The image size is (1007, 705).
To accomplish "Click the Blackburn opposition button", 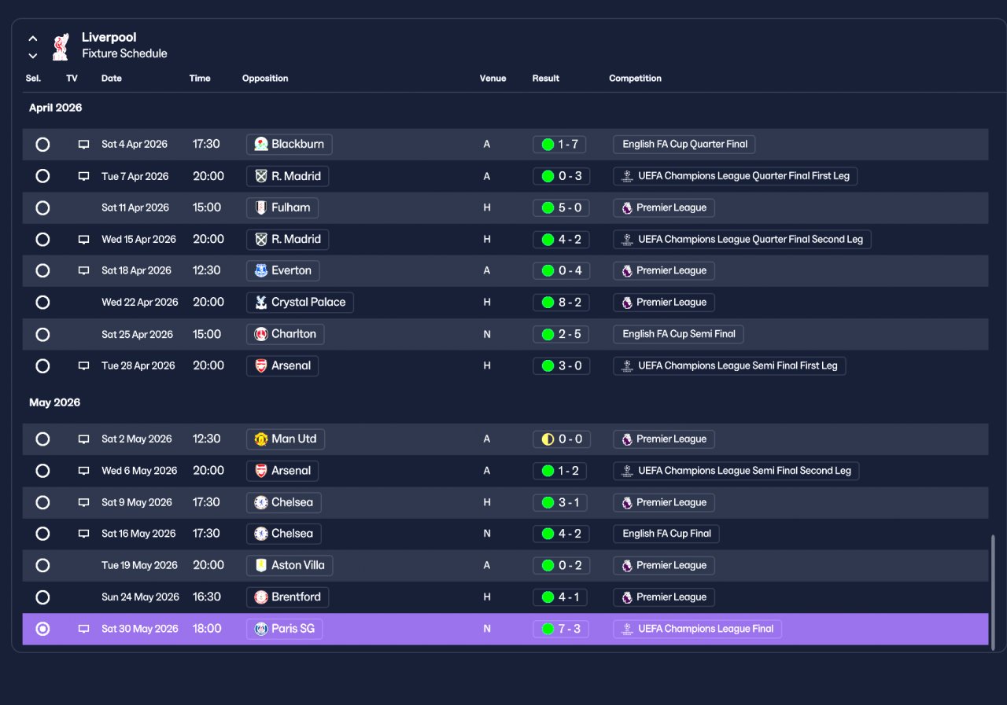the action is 289,144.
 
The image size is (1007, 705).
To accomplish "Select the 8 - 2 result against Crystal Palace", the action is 561,303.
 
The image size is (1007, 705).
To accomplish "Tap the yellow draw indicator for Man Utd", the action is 548,439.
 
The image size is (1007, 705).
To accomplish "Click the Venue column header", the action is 492,78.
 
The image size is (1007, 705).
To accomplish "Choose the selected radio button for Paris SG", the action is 42,629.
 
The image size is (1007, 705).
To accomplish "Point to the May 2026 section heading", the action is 55,402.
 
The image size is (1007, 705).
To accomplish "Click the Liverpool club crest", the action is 61,46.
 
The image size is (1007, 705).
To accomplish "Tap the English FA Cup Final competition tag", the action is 666,534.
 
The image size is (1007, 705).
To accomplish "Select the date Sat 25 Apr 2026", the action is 137,335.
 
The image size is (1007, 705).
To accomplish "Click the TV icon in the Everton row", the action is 83,271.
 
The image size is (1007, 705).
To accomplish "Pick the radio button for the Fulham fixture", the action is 42,208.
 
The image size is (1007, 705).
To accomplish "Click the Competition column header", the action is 635,78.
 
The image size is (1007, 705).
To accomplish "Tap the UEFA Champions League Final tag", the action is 697,629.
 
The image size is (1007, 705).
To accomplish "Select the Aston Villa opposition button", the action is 290,565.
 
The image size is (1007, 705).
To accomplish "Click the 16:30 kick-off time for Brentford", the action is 207,597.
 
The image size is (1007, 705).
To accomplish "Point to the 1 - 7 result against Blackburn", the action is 559,144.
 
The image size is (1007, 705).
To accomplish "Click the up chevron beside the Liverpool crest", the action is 33,39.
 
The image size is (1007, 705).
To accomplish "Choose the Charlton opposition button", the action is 285,334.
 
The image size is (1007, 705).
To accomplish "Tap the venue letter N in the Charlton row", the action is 487,335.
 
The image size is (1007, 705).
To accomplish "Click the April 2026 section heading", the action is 56,108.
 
